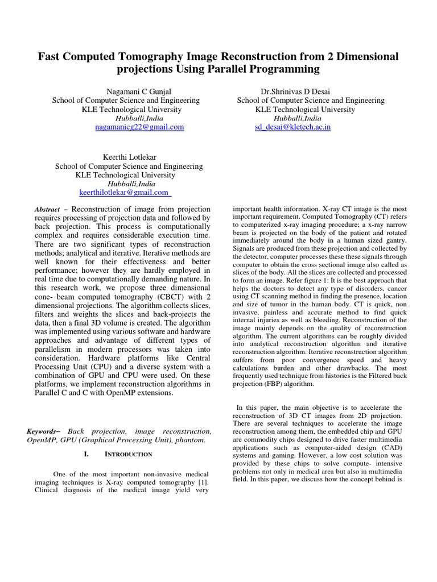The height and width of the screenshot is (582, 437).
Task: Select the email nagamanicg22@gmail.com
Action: (139, 127)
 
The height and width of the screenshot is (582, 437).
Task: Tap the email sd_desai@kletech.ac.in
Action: (292, 127)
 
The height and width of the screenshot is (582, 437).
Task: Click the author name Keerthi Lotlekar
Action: (129, 157)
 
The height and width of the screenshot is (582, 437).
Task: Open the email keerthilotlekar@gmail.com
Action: (125, 193)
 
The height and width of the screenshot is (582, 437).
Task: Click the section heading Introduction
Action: (128, 454)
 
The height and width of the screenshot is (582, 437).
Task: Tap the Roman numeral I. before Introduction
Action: (86, 454)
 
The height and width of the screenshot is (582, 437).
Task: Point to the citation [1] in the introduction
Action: (204, 483)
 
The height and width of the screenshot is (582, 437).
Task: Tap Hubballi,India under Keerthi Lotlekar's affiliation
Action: (129, 184)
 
